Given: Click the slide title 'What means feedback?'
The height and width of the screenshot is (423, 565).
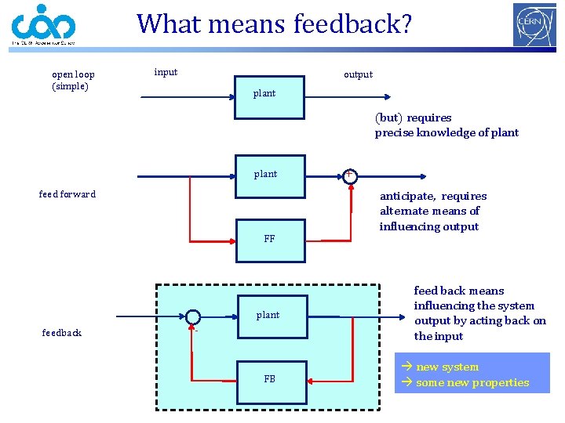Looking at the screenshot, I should [274, 23].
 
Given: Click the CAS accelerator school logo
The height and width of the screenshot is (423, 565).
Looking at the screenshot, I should [43, 25].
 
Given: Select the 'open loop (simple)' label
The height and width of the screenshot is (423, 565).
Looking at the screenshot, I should [72, 80].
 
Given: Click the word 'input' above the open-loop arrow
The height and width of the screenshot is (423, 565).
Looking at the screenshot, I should [166, 72].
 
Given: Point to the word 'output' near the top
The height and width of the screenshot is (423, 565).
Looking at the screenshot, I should [358, 74].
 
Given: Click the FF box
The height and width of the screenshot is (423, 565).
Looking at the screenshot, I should [270, 239].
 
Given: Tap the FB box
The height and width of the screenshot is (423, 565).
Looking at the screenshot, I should [270, 380].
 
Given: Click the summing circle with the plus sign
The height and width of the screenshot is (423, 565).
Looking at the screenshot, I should [349, 175].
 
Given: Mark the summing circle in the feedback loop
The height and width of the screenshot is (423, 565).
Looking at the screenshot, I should [193, 317].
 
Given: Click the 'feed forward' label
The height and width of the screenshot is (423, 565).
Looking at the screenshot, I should [67, 194].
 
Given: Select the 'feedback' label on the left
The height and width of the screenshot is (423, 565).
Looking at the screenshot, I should [61, 333].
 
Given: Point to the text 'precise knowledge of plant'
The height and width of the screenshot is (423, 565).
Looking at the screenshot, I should [447, 132].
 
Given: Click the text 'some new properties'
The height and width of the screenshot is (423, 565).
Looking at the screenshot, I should [472, 382].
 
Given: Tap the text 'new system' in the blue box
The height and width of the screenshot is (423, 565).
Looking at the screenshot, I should [447, 367].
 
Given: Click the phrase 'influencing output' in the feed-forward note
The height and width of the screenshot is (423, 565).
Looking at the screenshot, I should [428, 226].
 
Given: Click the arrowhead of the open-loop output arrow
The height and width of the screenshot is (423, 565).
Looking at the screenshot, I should [385, 98].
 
